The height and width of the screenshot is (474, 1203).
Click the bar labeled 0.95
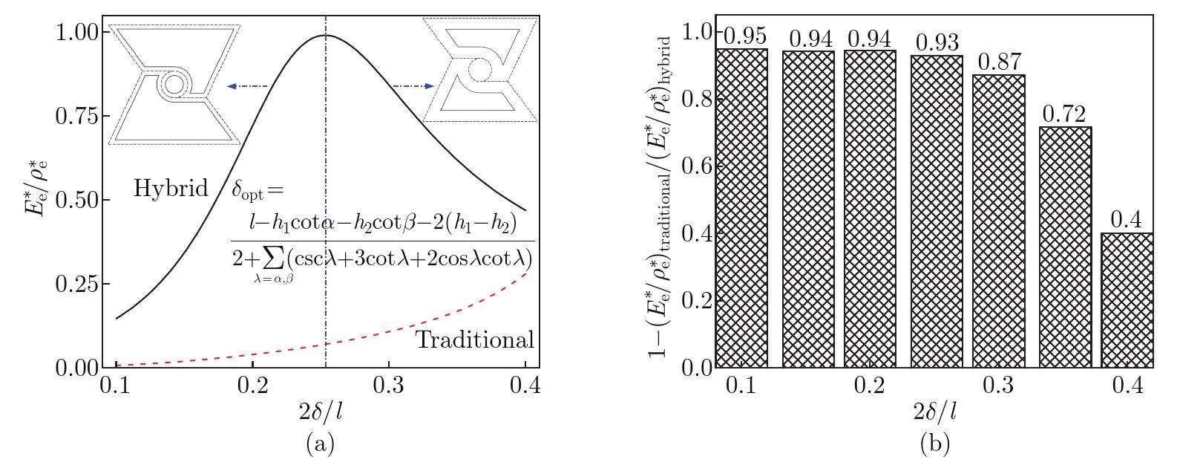pyautogui.click(x=742, y=208)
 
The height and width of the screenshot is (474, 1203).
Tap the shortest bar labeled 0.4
pyautogui.click(x=1127, y=300)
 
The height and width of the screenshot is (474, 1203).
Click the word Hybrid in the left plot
pyautogui.click(x=171, y=189)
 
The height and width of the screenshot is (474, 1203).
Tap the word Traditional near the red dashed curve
pyautogui.click(x=474, y=340)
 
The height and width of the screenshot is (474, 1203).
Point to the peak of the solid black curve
pyautogui.click(x=325, y=36)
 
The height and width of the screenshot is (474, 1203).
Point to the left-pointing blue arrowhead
pyautogui.click(x=232, y=87)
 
